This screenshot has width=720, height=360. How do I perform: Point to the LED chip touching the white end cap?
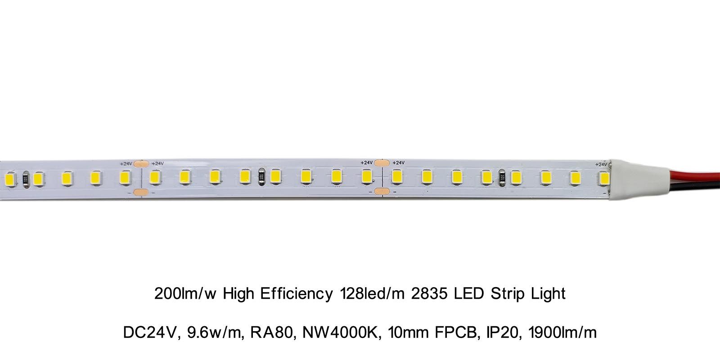pyautogui.click(x=604, y=178)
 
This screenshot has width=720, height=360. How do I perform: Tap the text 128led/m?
pyautogui.click(x=370, y=294)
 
